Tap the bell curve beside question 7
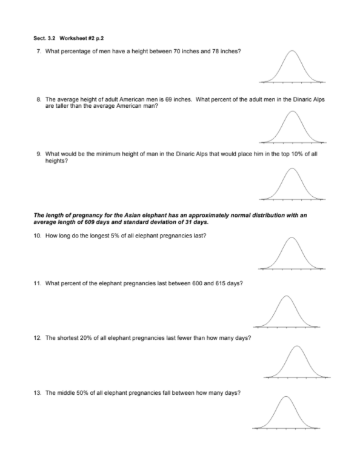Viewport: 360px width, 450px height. click(x=292, y=66)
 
